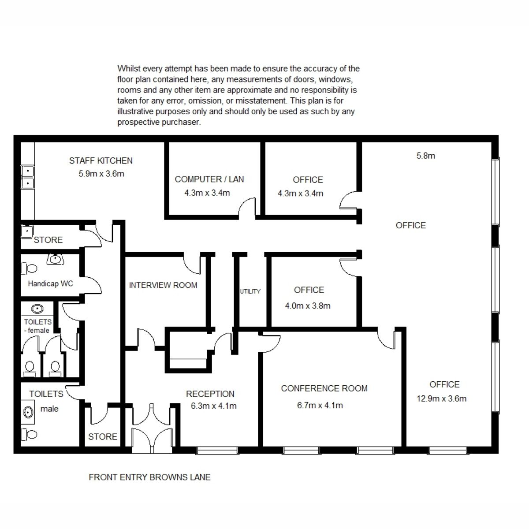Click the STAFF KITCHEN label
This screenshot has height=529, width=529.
tap(101, 160)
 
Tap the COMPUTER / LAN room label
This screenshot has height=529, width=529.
tap(209, 179)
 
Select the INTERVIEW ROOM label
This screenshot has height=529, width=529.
tap(163, 285)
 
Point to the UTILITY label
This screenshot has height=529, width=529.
tap(250, 291)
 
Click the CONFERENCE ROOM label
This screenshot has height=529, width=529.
tap(324, 388)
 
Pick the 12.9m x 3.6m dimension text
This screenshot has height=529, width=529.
tap(441, 399)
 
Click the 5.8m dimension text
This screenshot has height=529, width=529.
tap(425, 156)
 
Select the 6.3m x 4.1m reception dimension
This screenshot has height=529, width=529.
tap(213, 406)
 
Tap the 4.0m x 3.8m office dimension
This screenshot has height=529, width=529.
tap(308, 306)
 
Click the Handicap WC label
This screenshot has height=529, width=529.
tap(51, 283)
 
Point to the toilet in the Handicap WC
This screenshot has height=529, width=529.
tap(29, 268)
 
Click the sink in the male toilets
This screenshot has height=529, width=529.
tap(28, 412)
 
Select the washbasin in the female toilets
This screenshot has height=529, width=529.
tap(37, 309)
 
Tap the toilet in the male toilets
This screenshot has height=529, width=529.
tap(29, 435)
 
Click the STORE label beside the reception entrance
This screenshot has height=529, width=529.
tap(102, 436)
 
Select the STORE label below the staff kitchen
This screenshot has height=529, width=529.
tap(48, 240)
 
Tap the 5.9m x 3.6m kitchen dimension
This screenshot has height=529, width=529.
tap(101, 174)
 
